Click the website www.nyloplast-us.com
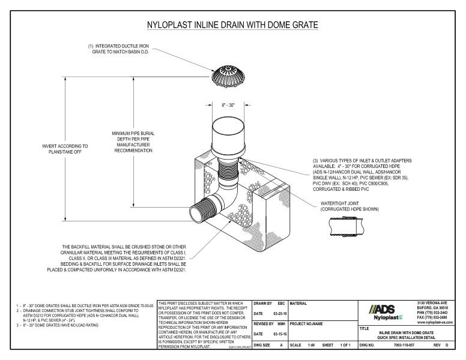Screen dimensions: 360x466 click(x=436, y=323)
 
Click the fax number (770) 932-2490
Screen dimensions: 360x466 click(x=436, y=318)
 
